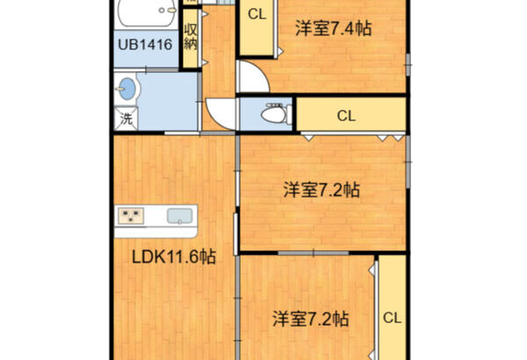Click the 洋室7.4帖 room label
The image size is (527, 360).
click(334, 29)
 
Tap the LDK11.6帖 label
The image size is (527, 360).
click(173, 257)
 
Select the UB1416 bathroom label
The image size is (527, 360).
click(145, 45)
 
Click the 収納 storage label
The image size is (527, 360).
click(191, 37)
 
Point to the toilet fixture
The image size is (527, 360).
click(276, 113)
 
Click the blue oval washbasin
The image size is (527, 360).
click(126, 89)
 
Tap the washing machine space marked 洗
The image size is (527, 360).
click(126, 119)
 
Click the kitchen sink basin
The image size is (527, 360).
click(180, 216)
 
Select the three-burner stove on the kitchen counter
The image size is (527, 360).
click(131, 216)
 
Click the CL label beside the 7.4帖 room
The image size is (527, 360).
click(257, 14)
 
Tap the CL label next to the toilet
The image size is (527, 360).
click(346, 116)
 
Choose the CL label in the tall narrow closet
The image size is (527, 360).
click(393, 318)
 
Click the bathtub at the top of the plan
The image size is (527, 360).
click(147, 13)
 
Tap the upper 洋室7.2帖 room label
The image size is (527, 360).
click(321, 190)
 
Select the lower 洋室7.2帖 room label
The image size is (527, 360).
click(310, 319)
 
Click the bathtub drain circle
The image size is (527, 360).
click(162, 11)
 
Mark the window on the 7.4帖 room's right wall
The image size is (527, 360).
click(408, 65)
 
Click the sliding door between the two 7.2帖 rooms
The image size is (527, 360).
click(313, 253)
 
